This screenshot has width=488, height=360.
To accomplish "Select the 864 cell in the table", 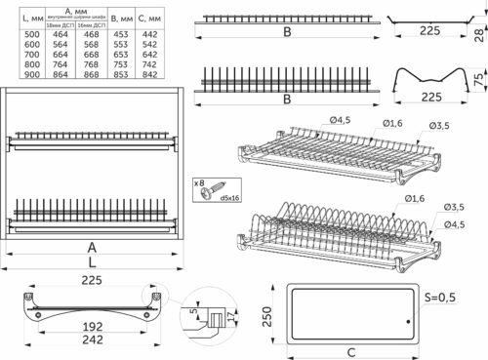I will [61, 74].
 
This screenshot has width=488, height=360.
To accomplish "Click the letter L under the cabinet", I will [92, 264].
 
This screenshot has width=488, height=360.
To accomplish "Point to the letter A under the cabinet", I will [92, 248].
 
